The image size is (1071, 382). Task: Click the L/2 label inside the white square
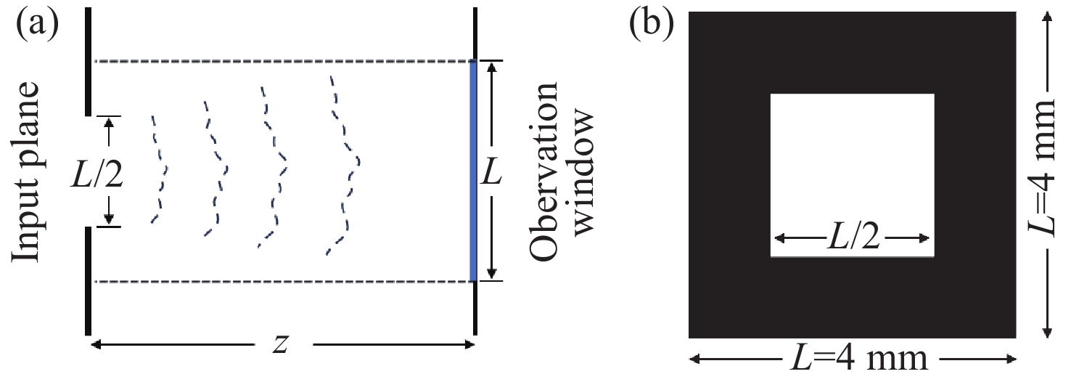[x=852, y=239]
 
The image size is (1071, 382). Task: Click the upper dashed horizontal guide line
[x=283, y=61]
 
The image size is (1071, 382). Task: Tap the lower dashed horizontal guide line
[x=283, y=281]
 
